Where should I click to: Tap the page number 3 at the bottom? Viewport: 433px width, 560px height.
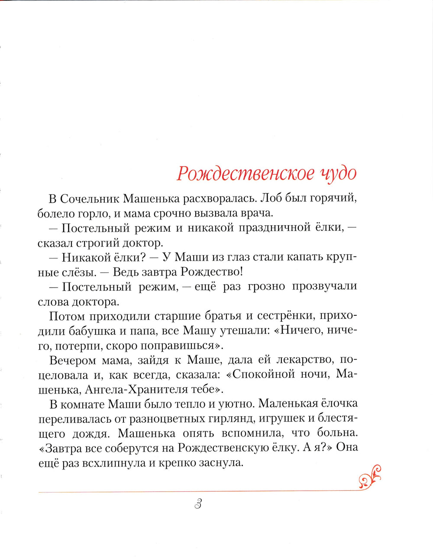(x=198, y=504)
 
